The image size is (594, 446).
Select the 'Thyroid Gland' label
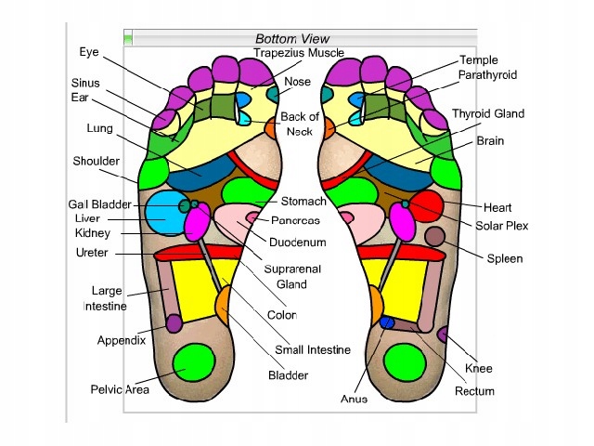pyautogui.click(x=488, y=114)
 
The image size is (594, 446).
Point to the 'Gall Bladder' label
pyautogui.click(x=99, y=204)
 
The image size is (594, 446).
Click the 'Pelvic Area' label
pyautogui.click(x=120, y=389)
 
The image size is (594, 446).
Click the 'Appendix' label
pyautogui.click(x=121, y=340)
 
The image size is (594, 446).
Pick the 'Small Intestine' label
pyautogui.click(x=313, y=350)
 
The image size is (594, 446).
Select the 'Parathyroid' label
pyautogui.click(x=487, y=74)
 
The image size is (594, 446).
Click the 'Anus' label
pyautogui.click(x=354, y=399)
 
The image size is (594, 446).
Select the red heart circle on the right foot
pyautogui.click(x=426, y=207)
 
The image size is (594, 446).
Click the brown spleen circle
pyautogui.click(x=434, y=236)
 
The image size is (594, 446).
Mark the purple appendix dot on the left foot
pyautogui.click(x=174, y=322)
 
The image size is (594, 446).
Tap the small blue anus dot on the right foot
pyautogui.click(x=387, y=321)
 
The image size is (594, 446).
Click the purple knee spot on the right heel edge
pyautogui.click(x=444, y=334)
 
